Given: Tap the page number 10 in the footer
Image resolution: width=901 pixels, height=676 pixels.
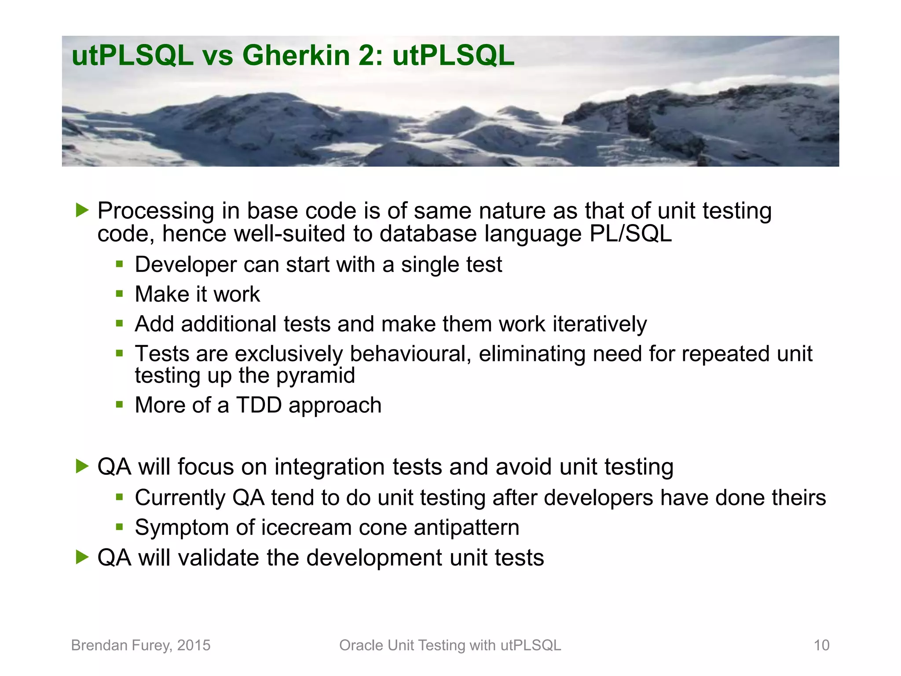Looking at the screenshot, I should [x=821, y=645].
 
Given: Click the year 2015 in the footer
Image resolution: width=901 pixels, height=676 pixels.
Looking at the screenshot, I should [x=194, y=645].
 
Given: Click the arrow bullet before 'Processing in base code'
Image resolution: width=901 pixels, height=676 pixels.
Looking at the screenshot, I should [x=82, y=210].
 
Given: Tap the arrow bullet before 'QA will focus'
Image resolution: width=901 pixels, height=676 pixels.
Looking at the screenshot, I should [x=82, y=466].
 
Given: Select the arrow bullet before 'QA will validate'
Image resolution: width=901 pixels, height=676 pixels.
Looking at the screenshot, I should [x=82, y=557].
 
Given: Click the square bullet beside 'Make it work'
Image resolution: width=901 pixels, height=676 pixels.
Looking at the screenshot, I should [x=119, y=294].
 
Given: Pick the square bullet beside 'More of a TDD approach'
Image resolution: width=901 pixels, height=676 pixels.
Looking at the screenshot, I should [x=119, y=404].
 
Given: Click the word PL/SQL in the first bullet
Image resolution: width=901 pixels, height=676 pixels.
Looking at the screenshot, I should [x=630, y=233].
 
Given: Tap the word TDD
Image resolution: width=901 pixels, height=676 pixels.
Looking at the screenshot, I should [x=259, y=405].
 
